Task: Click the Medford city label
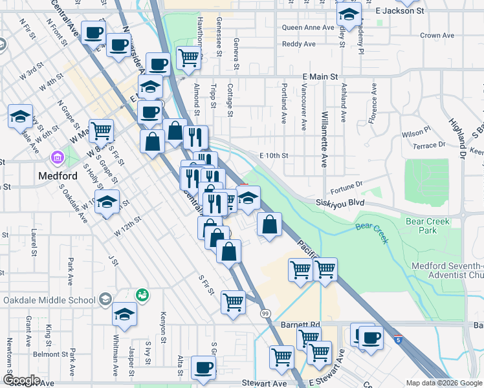point(57,176)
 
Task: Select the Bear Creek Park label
point(428,226)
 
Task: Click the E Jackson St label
point(399,11)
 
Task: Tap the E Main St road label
point(321,76)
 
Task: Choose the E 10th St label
point(273,156)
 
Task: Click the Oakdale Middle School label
point(49,300)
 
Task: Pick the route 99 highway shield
point(265,314)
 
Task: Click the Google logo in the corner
point(21,380)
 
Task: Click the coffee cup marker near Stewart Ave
point(204,367)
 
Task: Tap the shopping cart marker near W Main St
point(102,131)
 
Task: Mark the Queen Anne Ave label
point(308,28)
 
